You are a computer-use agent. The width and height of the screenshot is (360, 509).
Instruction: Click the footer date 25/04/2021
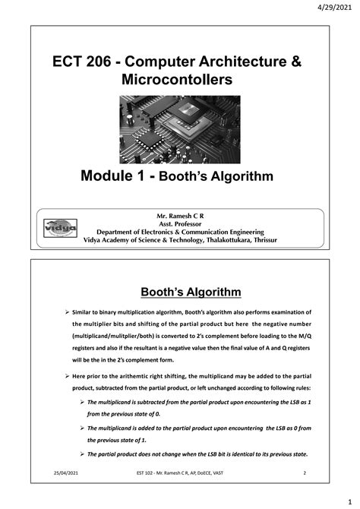[x=51, y=473]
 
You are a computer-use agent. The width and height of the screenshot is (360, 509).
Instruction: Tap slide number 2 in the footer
[x=304, y=473]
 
